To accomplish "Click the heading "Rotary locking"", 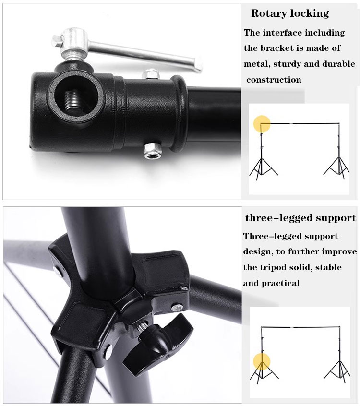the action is pyautogui.click(x=290, y=13).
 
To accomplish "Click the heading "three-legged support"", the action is pyautogui.click(x=300, y=218).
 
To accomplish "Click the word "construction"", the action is pyautogui.click(x=274, y=80).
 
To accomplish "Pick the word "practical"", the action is pyautogui.click(x=281, y=283).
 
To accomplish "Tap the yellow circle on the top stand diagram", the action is pyautogui.click(x=262, y=124).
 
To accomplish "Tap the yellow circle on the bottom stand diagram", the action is pyautogui.click(x=262, y=361).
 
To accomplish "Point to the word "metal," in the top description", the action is pyautogui.click(x=257, y=64).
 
